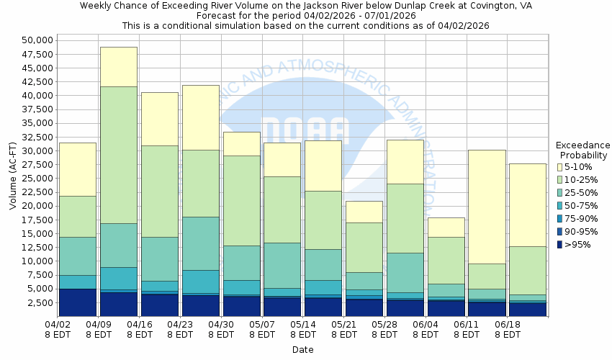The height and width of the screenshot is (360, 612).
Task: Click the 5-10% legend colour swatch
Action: (561, 166)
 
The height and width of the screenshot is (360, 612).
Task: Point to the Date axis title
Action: (302, 349)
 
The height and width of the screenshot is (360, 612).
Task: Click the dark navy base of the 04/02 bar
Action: (78, 302)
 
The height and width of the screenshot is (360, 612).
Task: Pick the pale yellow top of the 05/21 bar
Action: (364, 212)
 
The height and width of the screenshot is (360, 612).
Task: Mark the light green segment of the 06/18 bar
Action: (528, 270)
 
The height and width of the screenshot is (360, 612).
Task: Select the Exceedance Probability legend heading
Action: (583, 150)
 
